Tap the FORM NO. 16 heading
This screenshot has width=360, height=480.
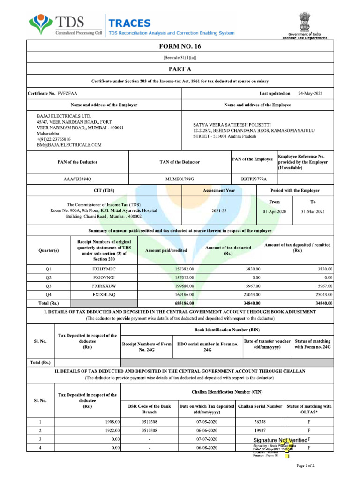180,46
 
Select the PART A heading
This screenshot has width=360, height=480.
180,68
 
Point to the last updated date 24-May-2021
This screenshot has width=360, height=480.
310,94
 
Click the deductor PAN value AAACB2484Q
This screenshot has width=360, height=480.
78,179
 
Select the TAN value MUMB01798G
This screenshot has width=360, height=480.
180,179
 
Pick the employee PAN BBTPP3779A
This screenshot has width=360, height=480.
254,179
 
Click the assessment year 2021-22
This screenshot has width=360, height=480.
219,211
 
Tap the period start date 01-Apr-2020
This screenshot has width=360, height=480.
274,211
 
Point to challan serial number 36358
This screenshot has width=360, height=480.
260,422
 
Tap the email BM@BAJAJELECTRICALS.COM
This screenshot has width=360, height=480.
69,145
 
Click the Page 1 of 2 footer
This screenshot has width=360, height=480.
306,466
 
